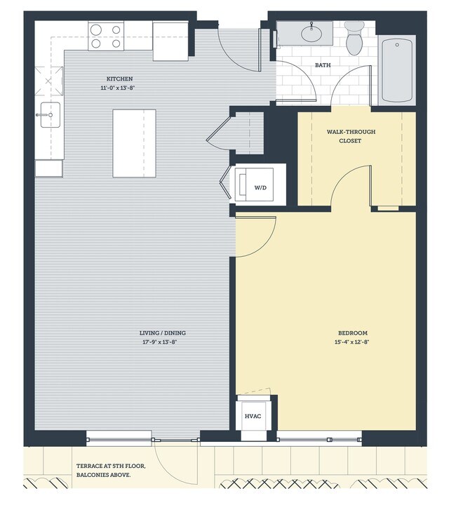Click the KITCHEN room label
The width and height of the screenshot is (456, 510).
pyautogui.click(x=119, y=79)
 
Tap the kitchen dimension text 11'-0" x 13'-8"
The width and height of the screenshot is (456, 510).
pyautogui.click(x=119, y=88)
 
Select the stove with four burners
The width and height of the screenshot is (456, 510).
pyautogui.click(x=107, y=36)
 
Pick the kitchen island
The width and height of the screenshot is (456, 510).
pyautogui.click(x=135, y=144)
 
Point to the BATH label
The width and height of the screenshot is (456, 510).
pyautogui.click(x=323, y=65)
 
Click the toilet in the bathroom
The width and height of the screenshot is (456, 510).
pyautogui.click(x=354, y=39)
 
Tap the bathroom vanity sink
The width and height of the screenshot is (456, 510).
pyautogui.click(x=311, y=32)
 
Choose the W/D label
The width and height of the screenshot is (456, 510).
pyautogui.click(x=260, y=188)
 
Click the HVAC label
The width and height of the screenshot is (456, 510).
pyautogui.click(x=253, y=417)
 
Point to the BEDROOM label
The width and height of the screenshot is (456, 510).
pyautogui.click(x=351, y=333)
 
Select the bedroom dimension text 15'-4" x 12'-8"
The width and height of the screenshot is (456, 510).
pyautogui.click(x=351, y=343)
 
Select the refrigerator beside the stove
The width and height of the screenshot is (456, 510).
pyautogui.click(x=170, y=41)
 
